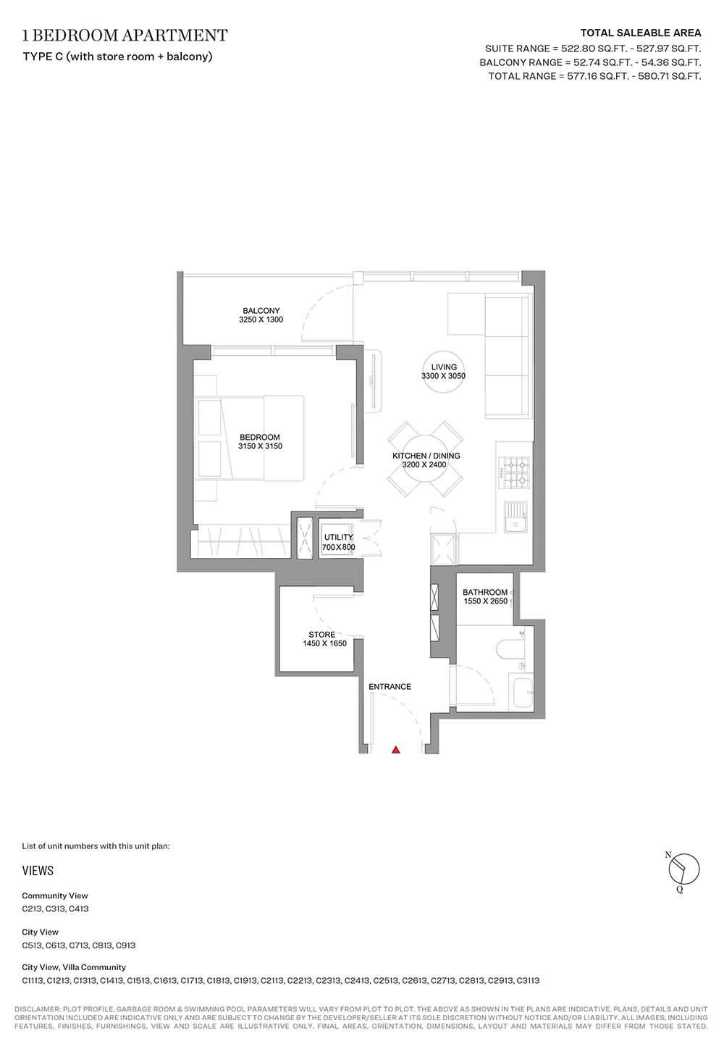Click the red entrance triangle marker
click(x=395, y=749)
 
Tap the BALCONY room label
click(x=261, y=310)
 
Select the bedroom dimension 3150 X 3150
click(x=260, y=446)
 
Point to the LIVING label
click(x=444, y=367)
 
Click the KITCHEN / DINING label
click(x=426, y=456)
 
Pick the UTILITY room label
click(x=338, y=537)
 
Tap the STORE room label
click(x=321, y=635)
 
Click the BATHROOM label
click(x=485, y=592)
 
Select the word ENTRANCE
click(x=390, y=687)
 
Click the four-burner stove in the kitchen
click(x=514, y=472)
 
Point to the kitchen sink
click(x=515, y=517)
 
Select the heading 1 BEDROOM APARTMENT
click(x=125, y=36)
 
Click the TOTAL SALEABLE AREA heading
click(x=641, y=33)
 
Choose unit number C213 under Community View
click(x=32, y=909)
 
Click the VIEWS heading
click(x=38, y=871)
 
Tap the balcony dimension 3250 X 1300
click(x=261, y=320)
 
